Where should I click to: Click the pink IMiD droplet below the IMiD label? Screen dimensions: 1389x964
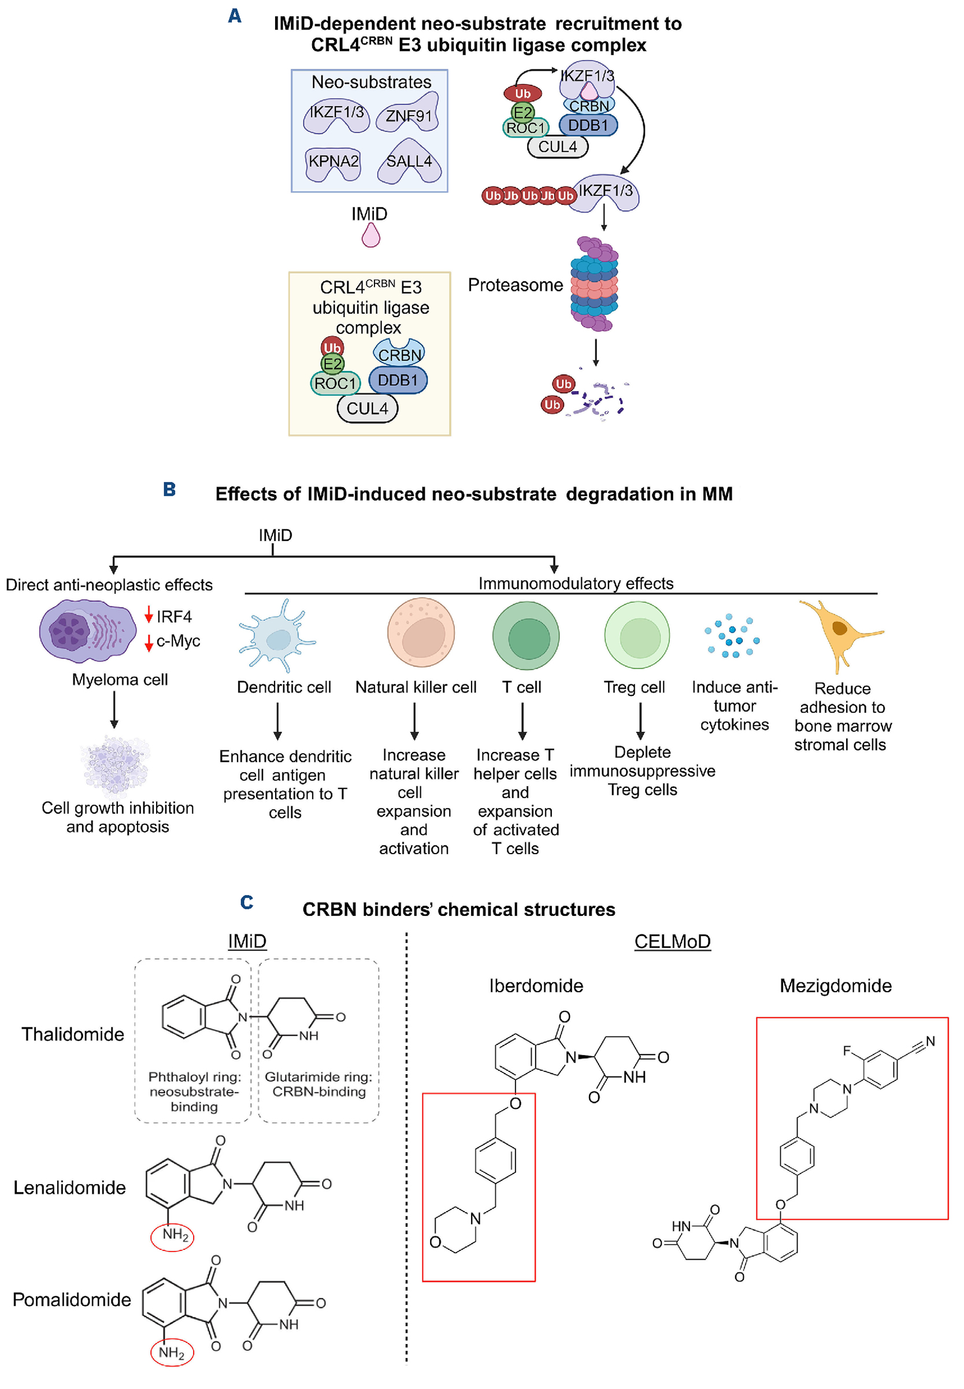tap(370, 236)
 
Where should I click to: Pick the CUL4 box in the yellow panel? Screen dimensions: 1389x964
tap(367, 409)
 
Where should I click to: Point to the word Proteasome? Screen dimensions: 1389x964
tap(515, 285)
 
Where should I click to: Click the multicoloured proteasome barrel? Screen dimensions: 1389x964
tap(594, 284)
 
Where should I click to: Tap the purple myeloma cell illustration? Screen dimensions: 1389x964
tap(88, 631)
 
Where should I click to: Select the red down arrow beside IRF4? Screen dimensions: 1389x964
tap(149, 615)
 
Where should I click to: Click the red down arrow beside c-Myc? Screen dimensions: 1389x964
tap(149, 643)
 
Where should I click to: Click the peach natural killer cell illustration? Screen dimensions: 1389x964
tap(421, 632)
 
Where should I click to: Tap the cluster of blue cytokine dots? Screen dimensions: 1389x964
tap(732, 636)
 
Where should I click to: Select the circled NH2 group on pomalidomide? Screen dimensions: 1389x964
tap(172, 1353)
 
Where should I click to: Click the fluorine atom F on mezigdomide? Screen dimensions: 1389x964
tap(847, 1051)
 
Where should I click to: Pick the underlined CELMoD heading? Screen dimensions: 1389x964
tap(672, 942)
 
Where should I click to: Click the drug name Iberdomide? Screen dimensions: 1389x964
tap(536, 986)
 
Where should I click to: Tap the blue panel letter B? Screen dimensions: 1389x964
tap(170, 489)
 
